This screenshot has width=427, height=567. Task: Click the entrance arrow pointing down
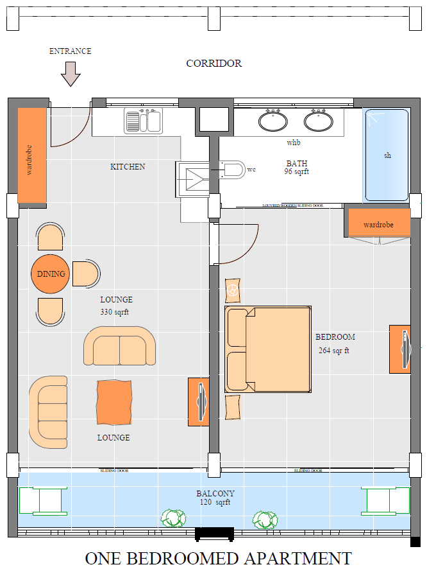(71, 74)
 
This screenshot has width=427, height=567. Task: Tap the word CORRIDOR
(213, 64)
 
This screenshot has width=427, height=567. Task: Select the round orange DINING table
(51, 274)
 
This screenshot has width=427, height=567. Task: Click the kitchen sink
(144, 121)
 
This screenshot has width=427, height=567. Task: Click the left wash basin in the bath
(273, 120)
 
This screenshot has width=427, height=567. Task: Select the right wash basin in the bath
(318, 120)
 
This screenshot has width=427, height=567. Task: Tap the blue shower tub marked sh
(387, 155)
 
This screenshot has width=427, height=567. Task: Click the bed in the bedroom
(268, 349)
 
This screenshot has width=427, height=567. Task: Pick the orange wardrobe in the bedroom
(378, 225)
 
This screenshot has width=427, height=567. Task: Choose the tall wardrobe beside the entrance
(30, 155)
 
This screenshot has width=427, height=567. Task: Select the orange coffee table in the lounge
(115, 403)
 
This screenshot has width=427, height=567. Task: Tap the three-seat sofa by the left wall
(48, 412)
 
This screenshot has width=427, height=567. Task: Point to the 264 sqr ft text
(333, 351)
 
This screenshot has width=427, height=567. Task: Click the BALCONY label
(215, 493)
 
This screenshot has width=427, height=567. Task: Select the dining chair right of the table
(85, 274)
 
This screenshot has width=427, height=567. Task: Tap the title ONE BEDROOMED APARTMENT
(219, 557)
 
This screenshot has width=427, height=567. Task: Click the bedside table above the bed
(232, 291)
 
